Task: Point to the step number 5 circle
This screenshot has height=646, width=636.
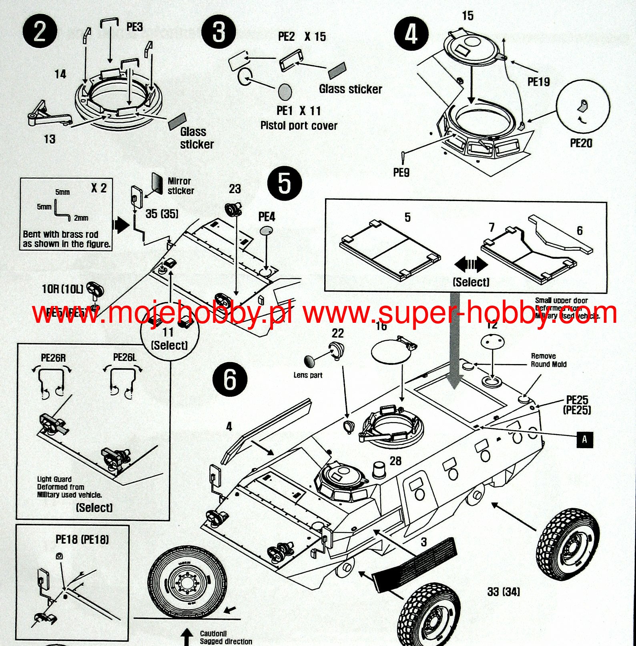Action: [x=284, y=183]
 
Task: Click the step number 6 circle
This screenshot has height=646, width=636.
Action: [x=230, y=379]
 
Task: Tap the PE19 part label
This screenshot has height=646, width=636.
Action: [x=538, y=82]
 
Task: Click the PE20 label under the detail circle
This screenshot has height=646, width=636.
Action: [x=581, y=143]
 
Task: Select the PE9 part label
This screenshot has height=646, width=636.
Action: [x=401, y=172]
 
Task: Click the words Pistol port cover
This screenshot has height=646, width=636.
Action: [x=299, y=126]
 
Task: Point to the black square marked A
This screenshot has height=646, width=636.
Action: [x=584, y=439]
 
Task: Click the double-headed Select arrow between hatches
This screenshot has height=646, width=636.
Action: [x=471, y=265]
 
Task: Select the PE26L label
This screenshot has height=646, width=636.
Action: [x=124, y=357]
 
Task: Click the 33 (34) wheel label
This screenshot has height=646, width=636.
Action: [x=504, y=592]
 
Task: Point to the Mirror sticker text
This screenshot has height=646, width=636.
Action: [x=181, y=186]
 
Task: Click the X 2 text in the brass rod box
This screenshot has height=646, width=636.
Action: [x=98, y=188]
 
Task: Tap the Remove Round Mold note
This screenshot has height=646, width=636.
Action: [x=548, y=360]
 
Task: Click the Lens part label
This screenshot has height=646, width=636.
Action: [x=307, y=375]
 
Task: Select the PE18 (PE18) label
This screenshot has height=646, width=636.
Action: [x=82, y=539]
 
